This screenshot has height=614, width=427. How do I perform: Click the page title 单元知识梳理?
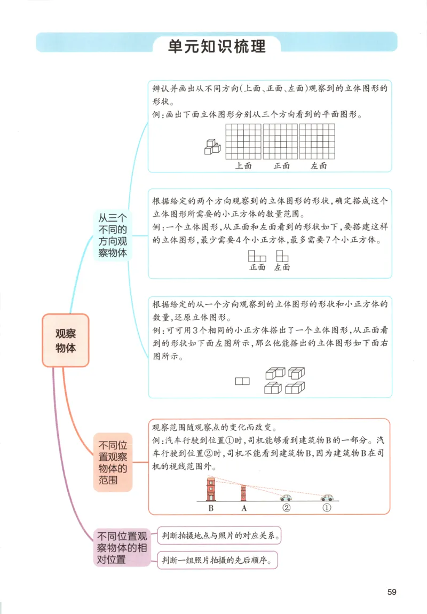217,46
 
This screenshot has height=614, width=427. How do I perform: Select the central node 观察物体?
65,340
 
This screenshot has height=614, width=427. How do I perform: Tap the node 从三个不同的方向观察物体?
112,235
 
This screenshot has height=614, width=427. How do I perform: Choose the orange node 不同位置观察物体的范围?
112,462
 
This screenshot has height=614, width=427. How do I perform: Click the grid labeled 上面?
243,141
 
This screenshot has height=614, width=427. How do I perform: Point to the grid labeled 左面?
317,141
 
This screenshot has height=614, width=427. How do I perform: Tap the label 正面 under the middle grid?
281,166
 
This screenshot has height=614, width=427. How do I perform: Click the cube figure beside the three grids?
212,146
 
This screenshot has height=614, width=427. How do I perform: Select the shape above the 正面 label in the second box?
257,255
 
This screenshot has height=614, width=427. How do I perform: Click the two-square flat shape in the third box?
242,381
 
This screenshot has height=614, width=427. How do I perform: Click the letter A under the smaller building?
244,508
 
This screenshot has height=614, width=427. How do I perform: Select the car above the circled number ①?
327,497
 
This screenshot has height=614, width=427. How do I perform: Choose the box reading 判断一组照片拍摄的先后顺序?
218,561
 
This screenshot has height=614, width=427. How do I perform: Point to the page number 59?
392,592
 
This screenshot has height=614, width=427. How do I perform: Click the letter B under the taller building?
211,508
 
